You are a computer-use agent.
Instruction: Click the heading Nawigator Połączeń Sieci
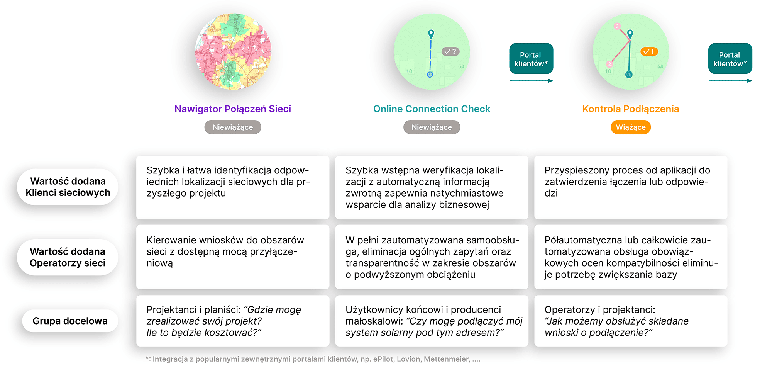coord(232,109)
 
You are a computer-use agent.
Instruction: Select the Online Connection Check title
coord(432,109)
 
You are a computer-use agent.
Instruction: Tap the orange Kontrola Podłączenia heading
coord(630,109)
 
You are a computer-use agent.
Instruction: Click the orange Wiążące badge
coord(630,127)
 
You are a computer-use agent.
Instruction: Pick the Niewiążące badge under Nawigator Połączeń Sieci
coord(232,127)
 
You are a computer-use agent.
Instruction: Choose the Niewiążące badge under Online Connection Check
coord(432,127)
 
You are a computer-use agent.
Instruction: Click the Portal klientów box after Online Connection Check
coord(531,59)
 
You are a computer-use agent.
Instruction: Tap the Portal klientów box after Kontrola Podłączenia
coord(730,59)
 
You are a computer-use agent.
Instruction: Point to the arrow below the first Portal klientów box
coord(531,81)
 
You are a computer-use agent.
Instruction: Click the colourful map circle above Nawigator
coord(233,51)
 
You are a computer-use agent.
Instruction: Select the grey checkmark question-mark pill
coord(450,51)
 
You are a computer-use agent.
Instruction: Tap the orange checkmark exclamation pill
coord(649,51)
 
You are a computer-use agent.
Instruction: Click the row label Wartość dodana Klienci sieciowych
coord(68,187)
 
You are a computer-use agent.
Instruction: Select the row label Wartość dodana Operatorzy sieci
coord(68,257)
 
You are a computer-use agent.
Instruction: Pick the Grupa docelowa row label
coord(70,321)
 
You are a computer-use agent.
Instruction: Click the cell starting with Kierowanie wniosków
coord(232,257)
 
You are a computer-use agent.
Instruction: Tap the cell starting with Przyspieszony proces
coord(630,187)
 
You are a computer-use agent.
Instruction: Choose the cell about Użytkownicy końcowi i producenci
coord(432,321)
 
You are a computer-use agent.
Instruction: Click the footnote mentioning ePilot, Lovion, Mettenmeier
coord(313,359)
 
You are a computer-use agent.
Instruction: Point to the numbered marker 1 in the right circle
coord(629,75)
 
